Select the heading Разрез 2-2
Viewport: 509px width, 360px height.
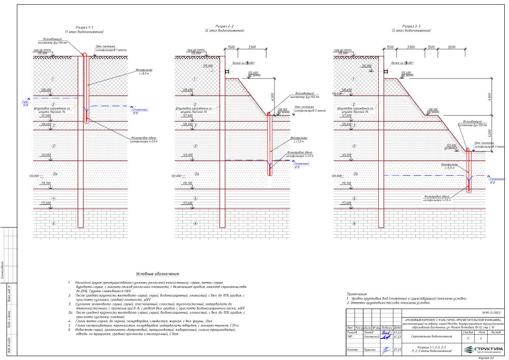pyautogui.click(x=224, y=26)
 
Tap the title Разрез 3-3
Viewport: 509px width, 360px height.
pyautogui.click(x=411, y=26)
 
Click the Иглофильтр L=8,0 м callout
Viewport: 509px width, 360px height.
pyautogui.click(x=144, y=71)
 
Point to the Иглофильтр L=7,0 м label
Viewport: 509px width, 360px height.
pyautogui.click(x=299, y=139)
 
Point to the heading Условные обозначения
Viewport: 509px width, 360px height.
pyautogui.click(x=158, y=274)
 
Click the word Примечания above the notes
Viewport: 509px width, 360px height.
pyautogui.click(x=357, y=294)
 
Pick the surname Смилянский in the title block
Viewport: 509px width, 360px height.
pyautogui.click(x=371, y=337)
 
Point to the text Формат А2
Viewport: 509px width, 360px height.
pyautogui.click(x=486, y=358)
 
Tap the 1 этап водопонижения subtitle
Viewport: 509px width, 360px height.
pyautogui.click(x=84, y=32)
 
